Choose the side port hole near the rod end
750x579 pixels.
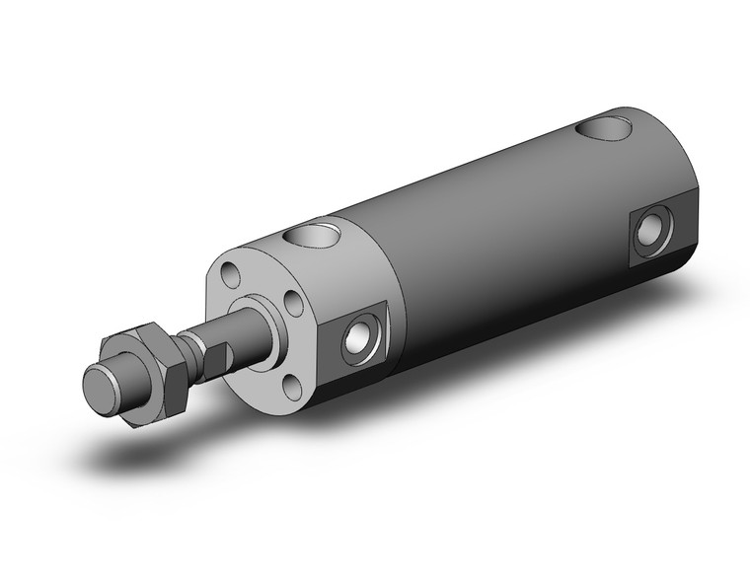coord(359,339)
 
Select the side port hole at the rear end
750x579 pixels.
coord(648,233)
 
